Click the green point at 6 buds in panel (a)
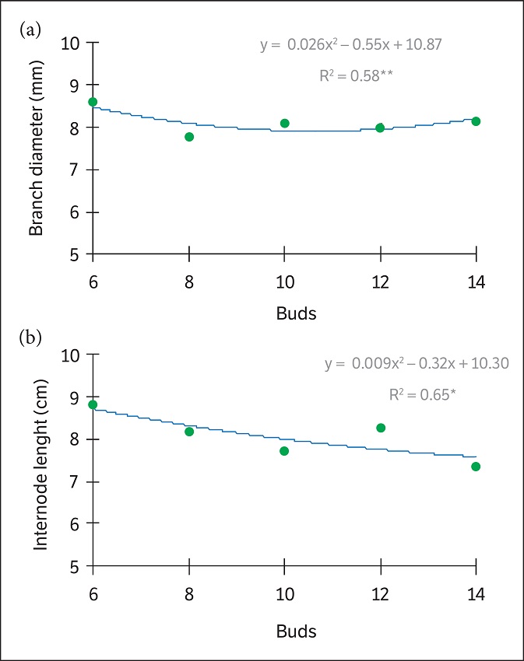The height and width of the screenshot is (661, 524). pyautogui.click(x=93, y=102)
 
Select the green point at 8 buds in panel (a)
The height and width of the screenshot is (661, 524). pyautogui.click(x=188, y=137)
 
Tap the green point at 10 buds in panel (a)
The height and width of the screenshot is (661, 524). pyautogui.click(x=284, y=123)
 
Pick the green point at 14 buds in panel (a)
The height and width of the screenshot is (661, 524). pyautogui.click(x=476, y=121)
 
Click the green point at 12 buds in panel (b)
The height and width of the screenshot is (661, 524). pyautogui.click(x=380, y=428)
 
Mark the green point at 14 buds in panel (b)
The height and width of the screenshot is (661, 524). pyautogui.click(x=476, y=467)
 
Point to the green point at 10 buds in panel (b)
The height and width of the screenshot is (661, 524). pyautogui.click(x=284, y=451)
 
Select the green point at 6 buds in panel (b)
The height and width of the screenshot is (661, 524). pyautogui.click(x=93, y=404)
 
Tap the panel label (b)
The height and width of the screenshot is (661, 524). pyautogui.click(x=32, y=340)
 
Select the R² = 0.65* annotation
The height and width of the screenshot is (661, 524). pyautogui.click(x=422, y=394)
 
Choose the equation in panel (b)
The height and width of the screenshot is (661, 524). pyautogui.click(x=417, y=364)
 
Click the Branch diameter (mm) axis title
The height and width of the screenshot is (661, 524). pyautogui.click(x=36, y=149)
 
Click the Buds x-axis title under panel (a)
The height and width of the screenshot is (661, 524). pyautogui.click(x=296, y=314)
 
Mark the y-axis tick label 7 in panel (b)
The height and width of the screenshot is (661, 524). pyautogui.click(x=76, y=482)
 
